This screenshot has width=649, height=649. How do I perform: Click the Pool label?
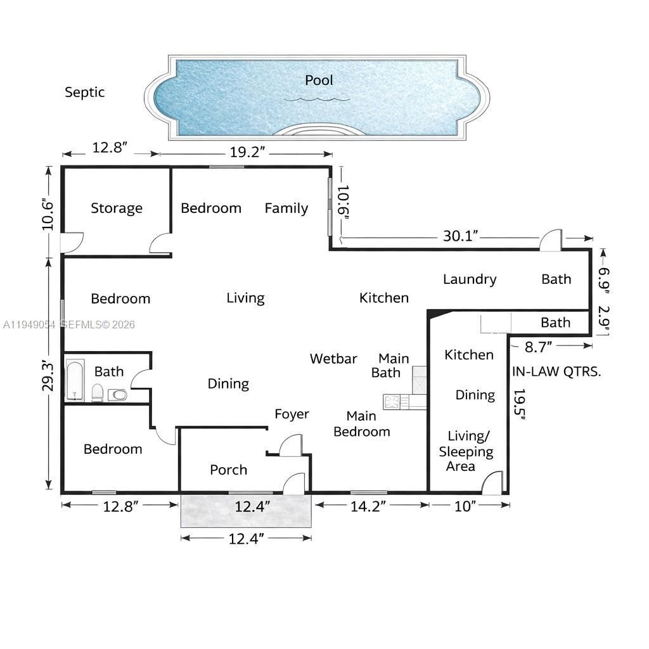(319, 80)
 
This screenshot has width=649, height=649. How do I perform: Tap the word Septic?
(84, 93)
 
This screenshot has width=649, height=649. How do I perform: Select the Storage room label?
(116, 208)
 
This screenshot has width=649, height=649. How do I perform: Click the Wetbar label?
(333, 359)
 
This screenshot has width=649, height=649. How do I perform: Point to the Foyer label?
(292, 414)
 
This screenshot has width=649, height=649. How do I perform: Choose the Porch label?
(228, 470)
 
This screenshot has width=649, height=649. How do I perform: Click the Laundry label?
(469, 279)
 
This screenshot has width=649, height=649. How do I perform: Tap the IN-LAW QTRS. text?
(556, 371)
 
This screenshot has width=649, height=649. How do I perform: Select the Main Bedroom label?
(361, 424)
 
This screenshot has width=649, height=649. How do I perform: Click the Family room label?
(286, 208)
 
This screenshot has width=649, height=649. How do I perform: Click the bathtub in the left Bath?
(75, 380)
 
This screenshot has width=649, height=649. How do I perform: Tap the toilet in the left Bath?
(98, 393)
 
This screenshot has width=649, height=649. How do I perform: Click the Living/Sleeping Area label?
(470, 451)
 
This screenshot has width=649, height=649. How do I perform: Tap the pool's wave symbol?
(317, 99)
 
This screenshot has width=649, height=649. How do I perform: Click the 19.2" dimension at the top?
(247, 152)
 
